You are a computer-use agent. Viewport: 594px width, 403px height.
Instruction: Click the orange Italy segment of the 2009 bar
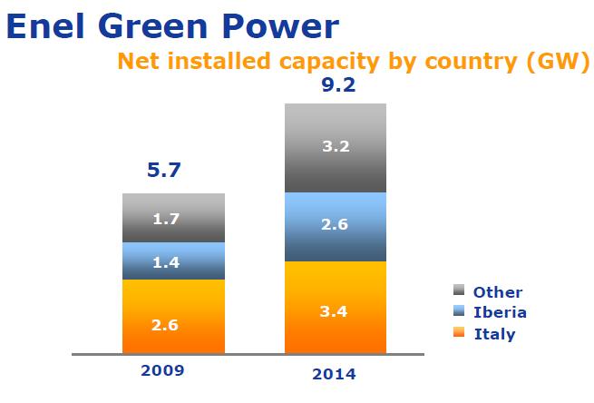pos(173,316)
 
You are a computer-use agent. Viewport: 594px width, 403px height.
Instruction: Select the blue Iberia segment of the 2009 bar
pos(173,261)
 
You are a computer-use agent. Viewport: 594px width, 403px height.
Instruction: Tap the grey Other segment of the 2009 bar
pos(173,218)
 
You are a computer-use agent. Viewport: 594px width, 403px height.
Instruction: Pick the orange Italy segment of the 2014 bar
pos(336,307)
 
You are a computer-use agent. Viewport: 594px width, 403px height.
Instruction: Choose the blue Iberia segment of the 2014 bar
pos(336,227)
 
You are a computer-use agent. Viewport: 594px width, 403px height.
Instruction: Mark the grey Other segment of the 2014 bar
pos(336,148)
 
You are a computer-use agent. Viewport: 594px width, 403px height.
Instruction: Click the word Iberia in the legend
pos(501,312)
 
